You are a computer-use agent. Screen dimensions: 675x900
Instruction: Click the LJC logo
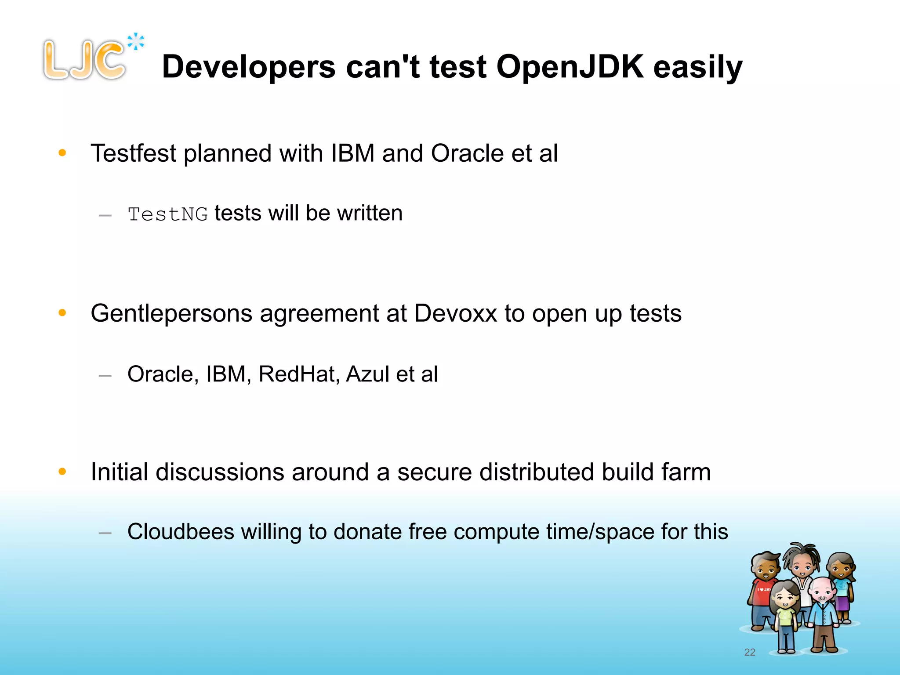coord(84,60)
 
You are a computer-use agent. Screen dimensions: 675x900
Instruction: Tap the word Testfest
coord(133,153)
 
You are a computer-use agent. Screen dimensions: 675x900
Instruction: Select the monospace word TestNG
coord(167,214)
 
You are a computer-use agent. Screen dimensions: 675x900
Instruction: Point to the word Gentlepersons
coord(172,314)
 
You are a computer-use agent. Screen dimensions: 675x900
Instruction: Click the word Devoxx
coord(455,313)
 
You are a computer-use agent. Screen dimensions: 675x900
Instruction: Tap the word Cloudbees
coord(181,532)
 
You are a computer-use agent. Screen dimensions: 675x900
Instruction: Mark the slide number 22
coord(750,652)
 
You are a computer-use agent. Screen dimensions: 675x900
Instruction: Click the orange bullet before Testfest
coord(62,153)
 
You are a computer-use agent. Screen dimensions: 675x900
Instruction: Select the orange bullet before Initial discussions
coord(62,472)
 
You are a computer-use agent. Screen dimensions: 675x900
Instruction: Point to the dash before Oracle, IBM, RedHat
coord(105,376)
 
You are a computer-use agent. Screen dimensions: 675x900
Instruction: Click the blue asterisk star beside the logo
coord(136,42)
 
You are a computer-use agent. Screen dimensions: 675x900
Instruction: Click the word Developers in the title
coord(249,67)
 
